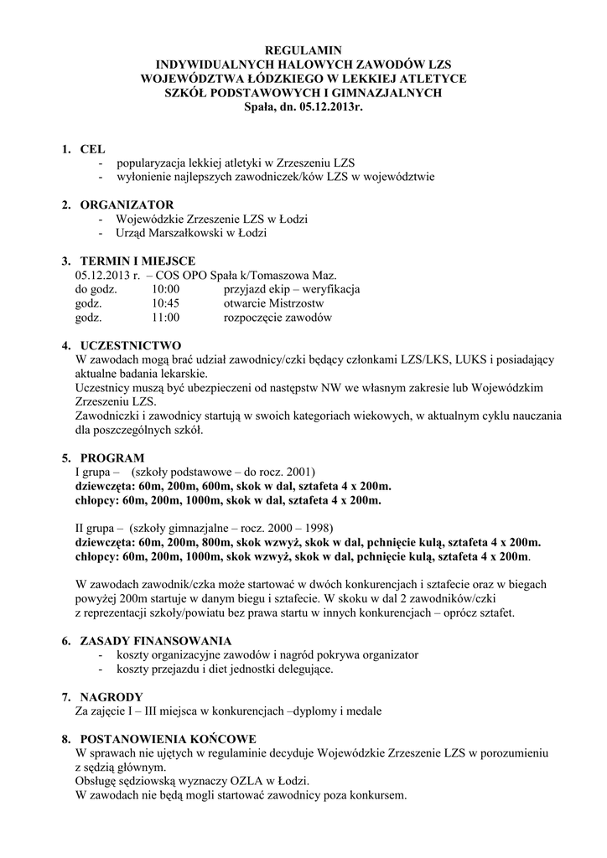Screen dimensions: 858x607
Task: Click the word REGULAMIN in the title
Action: [x=303, y=51]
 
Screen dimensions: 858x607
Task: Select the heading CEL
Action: [x=92, y=149]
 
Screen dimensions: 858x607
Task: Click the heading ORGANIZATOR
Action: [x=127, y=204]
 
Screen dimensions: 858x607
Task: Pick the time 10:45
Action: [x=166, y=303]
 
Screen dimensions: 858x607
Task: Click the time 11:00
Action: [x=166, y=318]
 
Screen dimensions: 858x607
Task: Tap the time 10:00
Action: [x=166, y=289]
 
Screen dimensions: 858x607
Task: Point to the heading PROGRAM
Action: [x=112, y=457]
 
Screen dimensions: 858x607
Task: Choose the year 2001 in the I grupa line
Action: [x=298, y=472]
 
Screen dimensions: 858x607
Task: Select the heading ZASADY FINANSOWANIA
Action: [x=155, y=640]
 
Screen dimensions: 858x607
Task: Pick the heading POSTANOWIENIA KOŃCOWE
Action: [x=168, y=739]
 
